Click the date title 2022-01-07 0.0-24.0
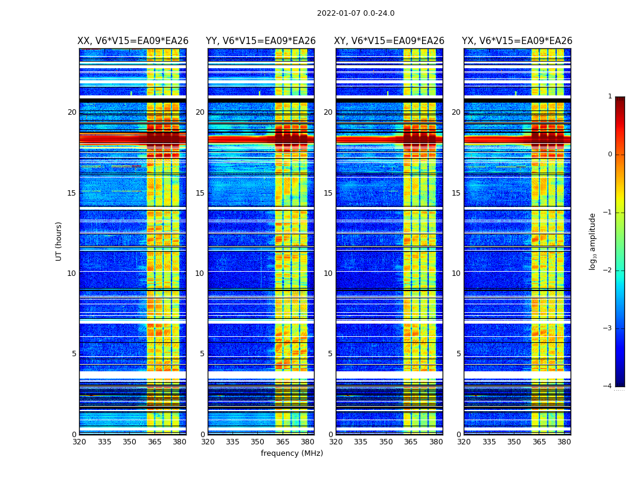[356, 13]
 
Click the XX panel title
[133, 41]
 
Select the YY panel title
[261, 41]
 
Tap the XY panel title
[389, 41]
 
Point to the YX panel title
[517, 41]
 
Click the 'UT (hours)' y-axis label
[59, 241]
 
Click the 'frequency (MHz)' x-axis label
[292, 453]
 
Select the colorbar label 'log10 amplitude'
[593, 241]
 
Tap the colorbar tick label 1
[610, 97]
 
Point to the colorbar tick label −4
[608, 386]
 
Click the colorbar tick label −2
[608, 270]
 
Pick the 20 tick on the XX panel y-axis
[72, 112]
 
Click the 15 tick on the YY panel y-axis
[200, 193]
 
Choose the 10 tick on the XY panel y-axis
[328, 273]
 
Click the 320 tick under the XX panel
[79, 442]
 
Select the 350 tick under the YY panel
[258, 442]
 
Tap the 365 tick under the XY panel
[411, 442]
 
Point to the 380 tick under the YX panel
[564, 442]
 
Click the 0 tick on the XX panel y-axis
[74, 435]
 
